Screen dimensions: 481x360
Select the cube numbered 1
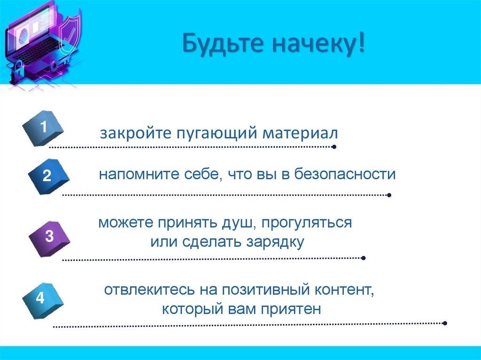43,128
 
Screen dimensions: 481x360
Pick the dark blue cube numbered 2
48,176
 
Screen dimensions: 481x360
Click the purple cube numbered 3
49,238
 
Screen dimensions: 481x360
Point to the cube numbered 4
43,300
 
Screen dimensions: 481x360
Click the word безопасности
345,174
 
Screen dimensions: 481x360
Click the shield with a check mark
70,34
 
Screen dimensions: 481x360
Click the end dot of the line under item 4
445,323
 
